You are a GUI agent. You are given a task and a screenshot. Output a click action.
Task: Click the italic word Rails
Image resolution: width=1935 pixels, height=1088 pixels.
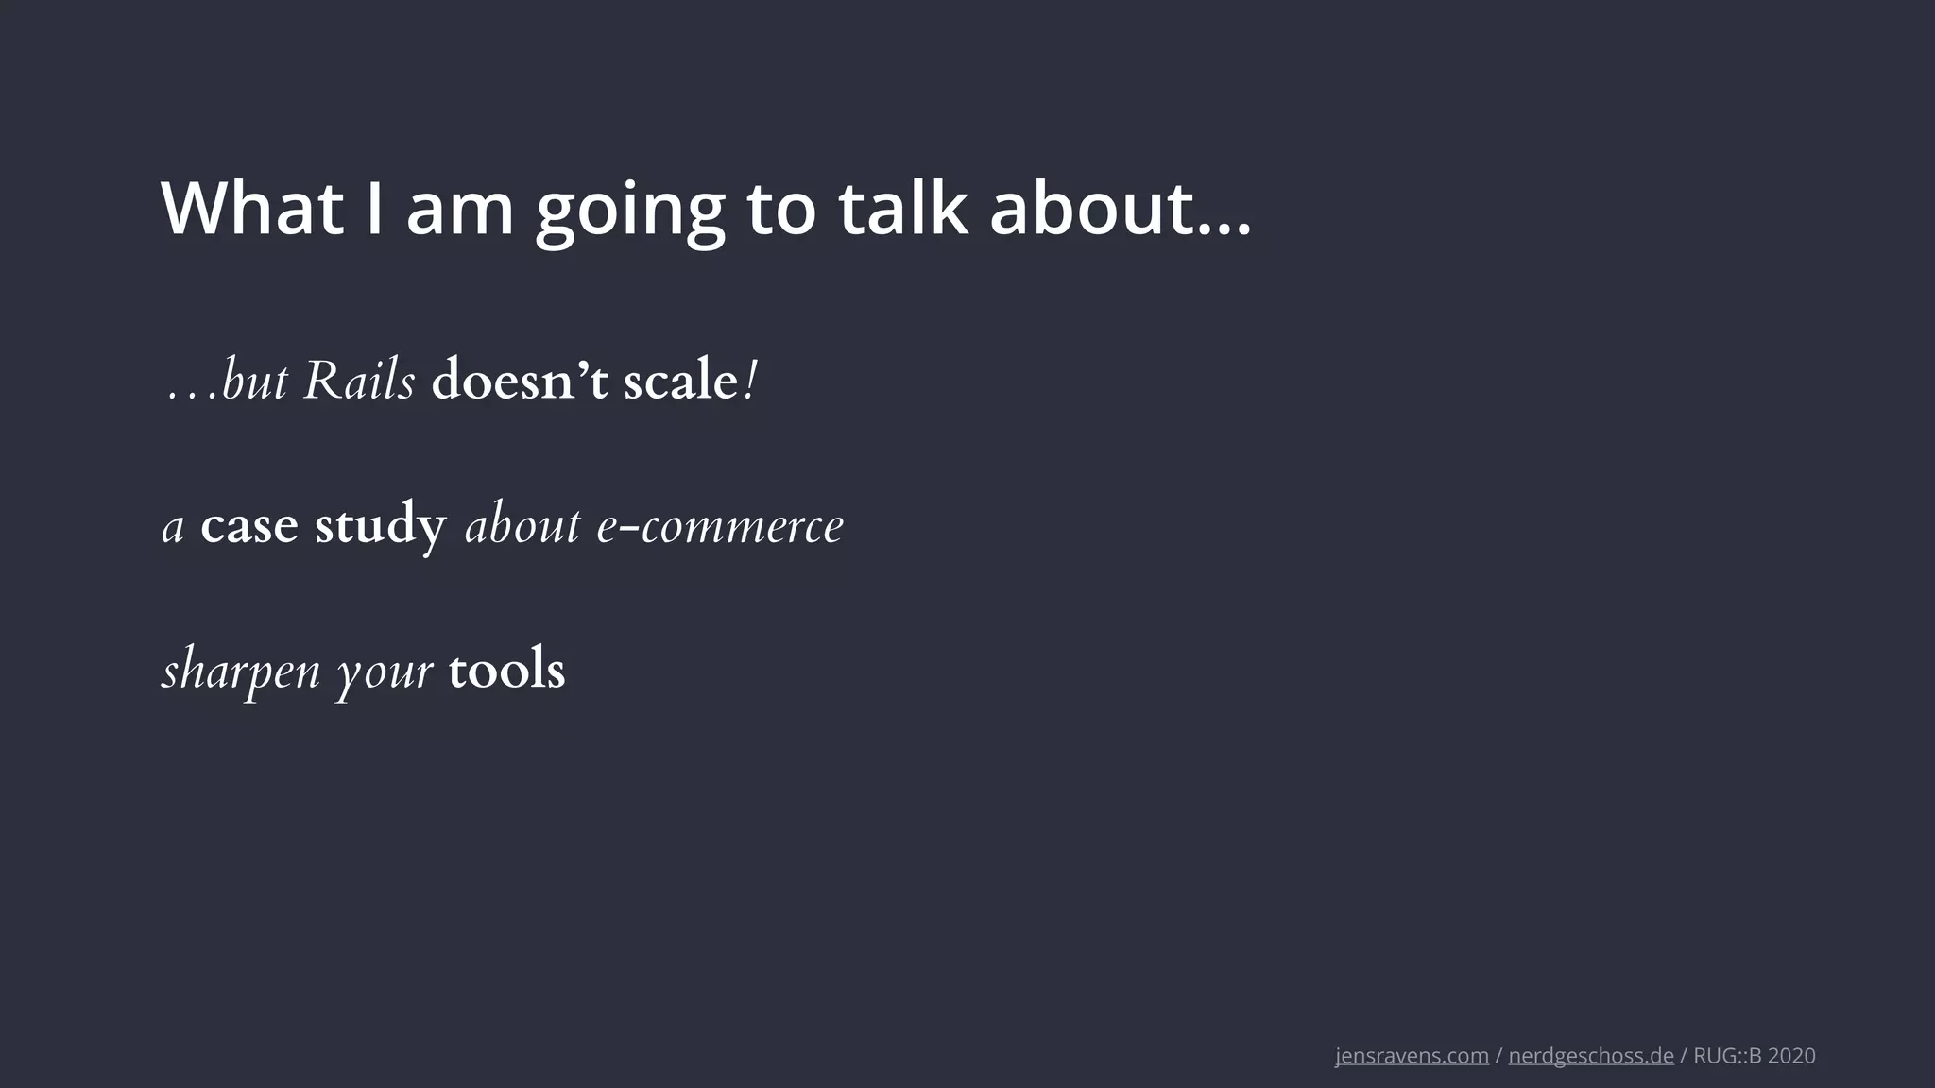pyautogui.click(x=359, y=382)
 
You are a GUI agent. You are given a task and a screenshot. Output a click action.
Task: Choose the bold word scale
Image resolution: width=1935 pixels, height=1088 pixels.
pyautogui.click(x=680, y=382)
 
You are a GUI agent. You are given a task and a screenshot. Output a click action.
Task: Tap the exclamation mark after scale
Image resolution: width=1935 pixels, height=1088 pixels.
pyautogui.click(x=750, y=382)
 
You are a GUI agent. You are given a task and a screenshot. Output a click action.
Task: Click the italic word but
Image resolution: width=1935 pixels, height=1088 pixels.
pyautogui.click(x=253, y=382)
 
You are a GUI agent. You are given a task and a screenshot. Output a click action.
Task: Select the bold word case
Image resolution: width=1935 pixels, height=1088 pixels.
pyautogui.click(x=248, y=526)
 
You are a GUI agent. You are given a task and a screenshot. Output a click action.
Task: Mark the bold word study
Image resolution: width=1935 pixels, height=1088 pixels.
pyautogui.click(x=380, y=526)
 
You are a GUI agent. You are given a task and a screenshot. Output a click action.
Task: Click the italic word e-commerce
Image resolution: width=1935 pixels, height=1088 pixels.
pyautogui.click(x=720, y=526)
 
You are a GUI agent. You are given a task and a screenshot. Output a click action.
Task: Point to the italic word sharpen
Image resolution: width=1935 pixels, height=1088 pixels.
pyautogui.click(x=242, y=671)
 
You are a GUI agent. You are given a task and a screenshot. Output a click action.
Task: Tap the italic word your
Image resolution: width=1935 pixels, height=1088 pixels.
pyautogui.click(x=385, y=671)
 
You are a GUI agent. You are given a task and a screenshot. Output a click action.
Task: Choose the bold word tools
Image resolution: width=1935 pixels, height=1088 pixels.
pyautogui.click(x=506, y=670)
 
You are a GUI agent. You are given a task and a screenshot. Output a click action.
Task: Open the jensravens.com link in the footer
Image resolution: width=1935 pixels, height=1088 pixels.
pyautogui.click(x=1412, y=1056)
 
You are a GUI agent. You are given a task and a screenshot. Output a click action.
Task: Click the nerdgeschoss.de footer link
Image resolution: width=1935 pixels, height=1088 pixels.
pyautogui.click(x=1591, y=1056)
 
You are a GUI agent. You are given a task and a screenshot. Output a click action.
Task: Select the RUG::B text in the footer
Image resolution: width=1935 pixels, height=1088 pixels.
pyautogui.click(x=1727, y=1056)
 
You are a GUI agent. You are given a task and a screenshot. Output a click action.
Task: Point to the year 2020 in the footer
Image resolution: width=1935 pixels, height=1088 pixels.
pyautogui.click(x=1791, y=1056)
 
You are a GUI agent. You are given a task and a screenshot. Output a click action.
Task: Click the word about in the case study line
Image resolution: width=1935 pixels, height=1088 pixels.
pyautogui.click(x=522, y=526)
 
